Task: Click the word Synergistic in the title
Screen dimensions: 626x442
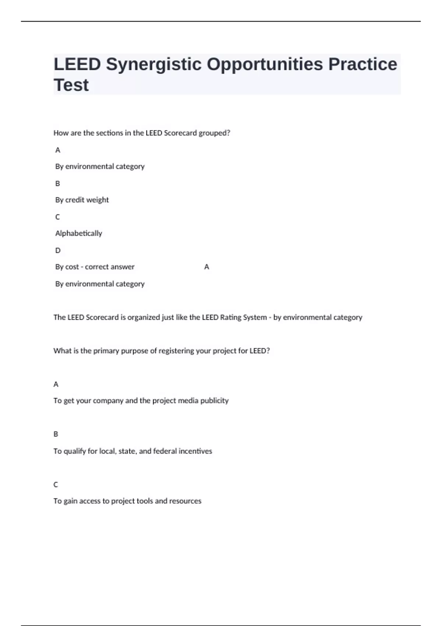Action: (x=154, y=64)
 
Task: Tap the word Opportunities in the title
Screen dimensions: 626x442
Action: (x=265, y=64)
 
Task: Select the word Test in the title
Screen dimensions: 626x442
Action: (x=71, y=85)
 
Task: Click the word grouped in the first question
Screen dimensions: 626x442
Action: (x=214, y=133)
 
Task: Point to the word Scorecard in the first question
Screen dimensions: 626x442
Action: (x=180, y=133)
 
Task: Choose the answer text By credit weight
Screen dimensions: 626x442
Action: (x=82, y=200)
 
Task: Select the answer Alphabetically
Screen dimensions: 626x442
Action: (x=78, y=233)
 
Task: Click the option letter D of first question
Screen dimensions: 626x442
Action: (x=58, y=250)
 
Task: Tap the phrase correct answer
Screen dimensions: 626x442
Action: (x=110, y=267)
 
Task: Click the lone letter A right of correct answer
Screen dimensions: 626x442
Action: (x=207, y=267)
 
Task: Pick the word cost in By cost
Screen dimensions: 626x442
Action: (x=72, y=267)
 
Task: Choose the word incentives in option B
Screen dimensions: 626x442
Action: (x=195, y=451)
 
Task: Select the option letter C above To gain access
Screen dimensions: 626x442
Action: (x=56, y=485)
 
